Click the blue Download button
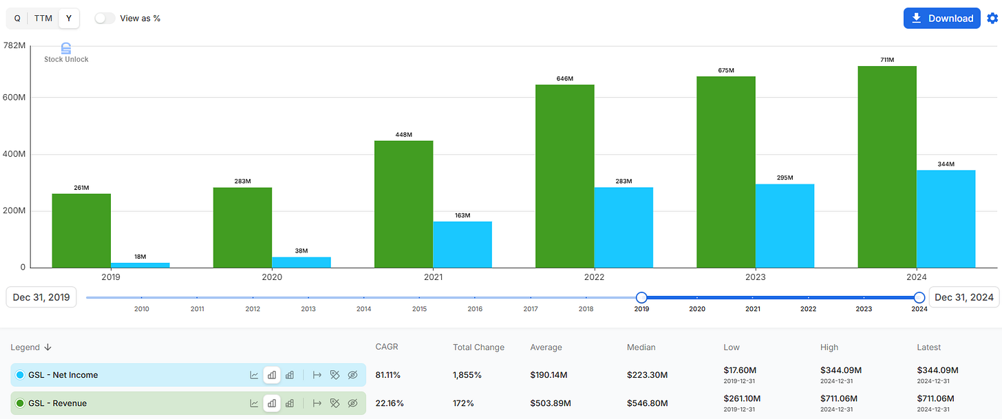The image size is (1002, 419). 941,19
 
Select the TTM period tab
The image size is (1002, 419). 43,19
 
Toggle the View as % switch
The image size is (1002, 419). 105,19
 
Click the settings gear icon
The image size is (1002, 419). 992,19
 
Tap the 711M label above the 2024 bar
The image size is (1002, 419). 887,60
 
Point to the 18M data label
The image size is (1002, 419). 140,257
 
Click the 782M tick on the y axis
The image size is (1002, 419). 14,45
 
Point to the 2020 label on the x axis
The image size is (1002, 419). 272,277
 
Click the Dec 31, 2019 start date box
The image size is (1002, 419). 41,297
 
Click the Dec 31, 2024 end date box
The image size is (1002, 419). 963,297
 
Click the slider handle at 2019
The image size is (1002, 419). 641,297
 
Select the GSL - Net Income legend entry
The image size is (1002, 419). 63,375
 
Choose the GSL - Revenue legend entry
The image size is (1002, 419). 58,403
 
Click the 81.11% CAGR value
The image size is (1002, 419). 388,375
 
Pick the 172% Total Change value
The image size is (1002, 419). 463,403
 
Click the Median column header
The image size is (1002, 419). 641,347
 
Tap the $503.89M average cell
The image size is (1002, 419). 551,403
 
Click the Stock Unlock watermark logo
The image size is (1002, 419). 66,52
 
